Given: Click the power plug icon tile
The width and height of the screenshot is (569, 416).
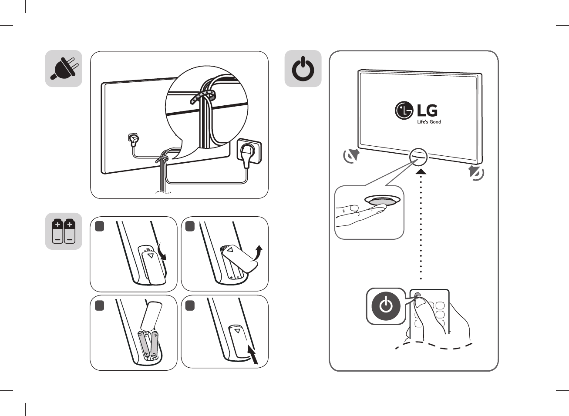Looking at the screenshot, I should tap(64, 69).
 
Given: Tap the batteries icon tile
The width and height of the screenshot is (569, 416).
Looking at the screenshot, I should tap(64, 231).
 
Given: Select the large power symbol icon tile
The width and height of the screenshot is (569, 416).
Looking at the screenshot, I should tap(303, 69).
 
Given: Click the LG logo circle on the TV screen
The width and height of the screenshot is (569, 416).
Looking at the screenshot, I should tap(404, 111).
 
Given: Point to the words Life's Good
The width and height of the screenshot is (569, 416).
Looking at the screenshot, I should tap(429, 122).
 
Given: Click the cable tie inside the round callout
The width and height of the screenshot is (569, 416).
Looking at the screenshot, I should tap(202, 97).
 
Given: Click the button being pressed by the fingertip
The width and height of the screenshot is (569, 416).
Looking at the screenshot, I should tap(383, 201).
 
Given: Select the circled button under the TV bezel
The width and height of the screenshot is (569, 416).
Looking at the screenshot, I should tap(418, 156).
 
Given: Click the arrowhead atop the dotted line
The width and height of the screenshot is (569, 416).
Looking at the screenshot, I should tap(421, 172).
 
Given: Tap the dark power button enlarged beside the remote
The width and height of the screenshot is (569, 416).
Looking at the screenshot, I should tap(386, 306).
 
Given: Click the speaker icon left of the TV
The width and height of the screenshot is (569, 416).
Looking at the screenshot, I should tap(351, 155).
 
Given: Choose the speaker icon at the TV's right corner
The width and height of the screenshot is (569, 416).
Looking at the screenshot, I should tap(476, 173).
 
